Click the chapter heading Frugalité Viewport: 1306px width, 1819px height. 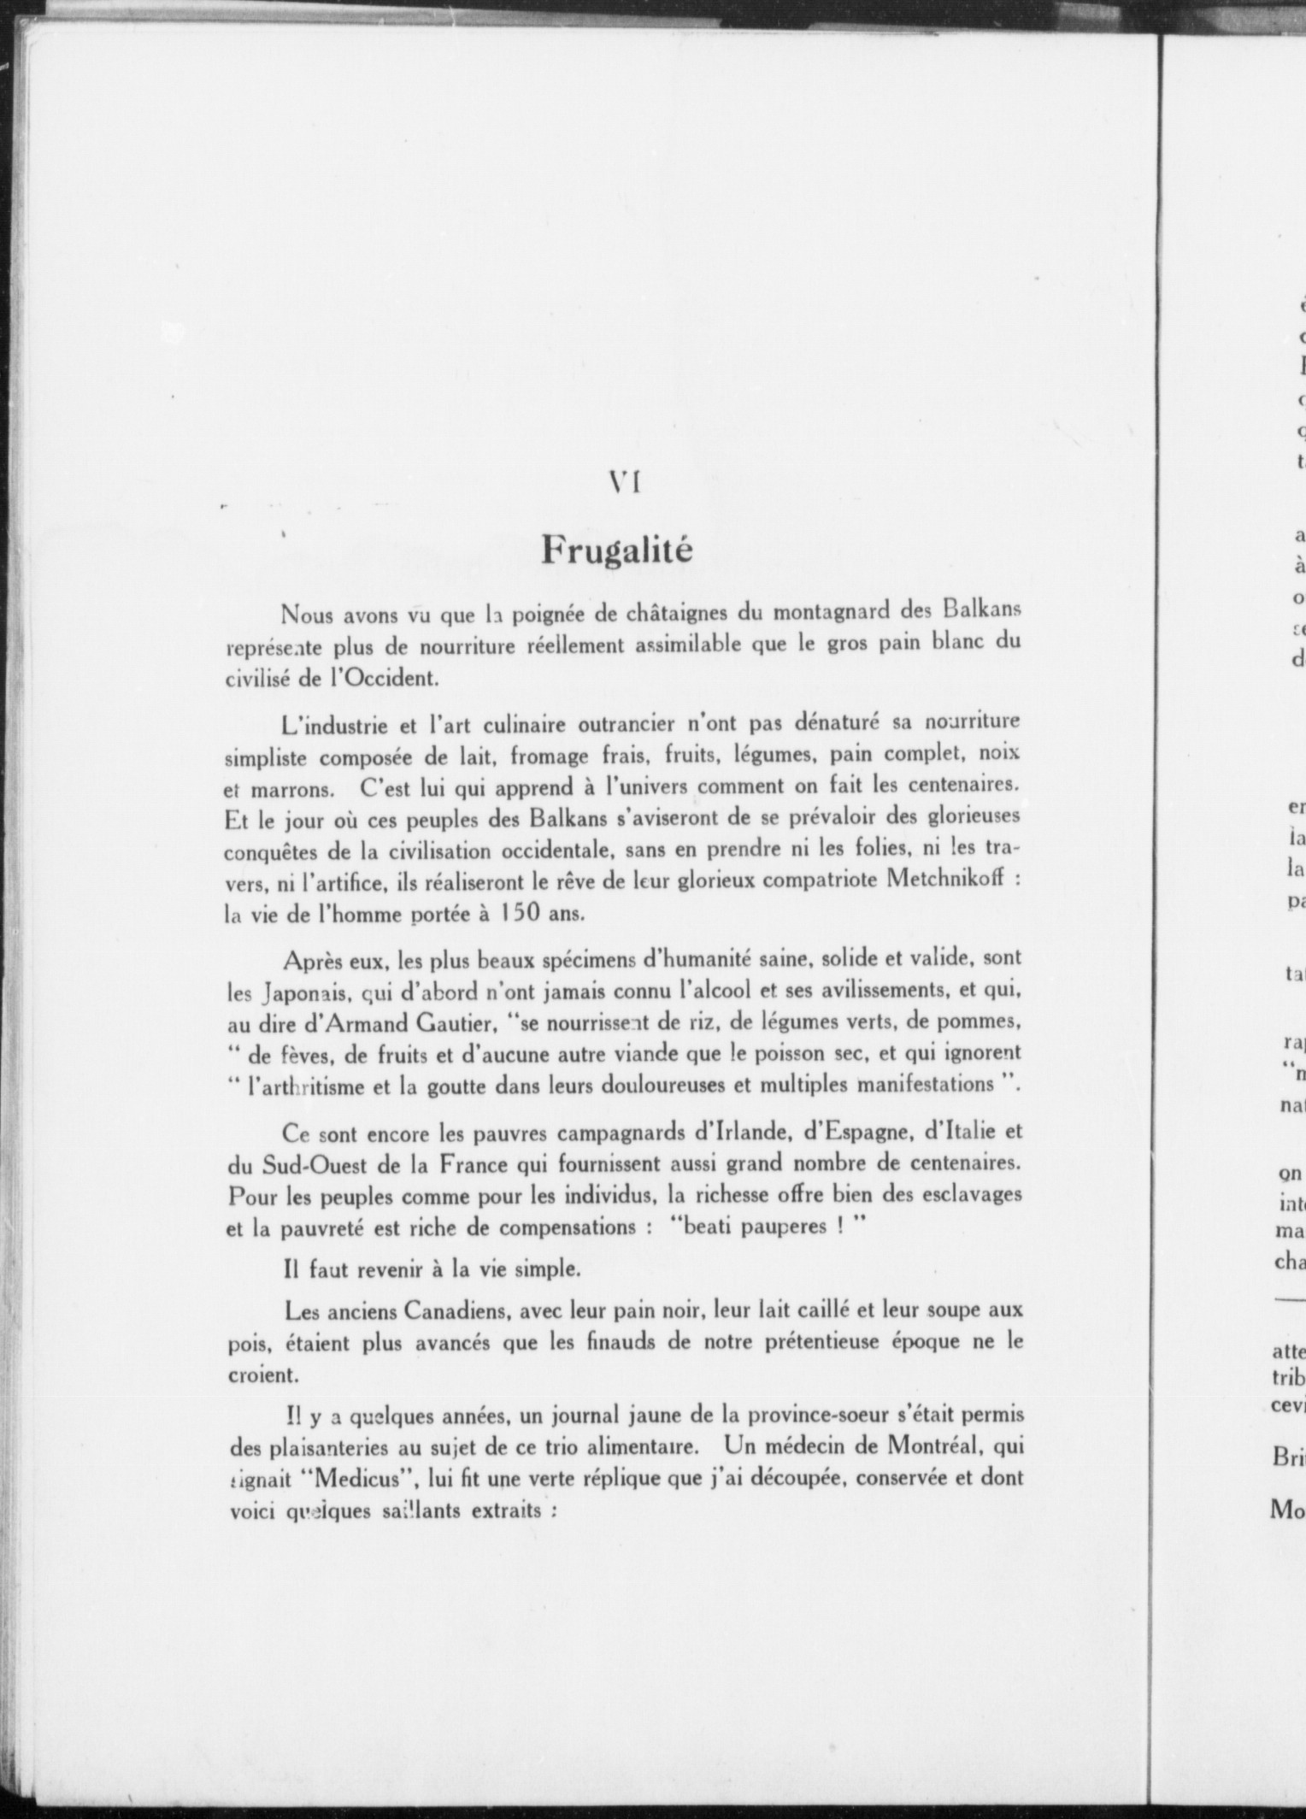click(x=617, y=550)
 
